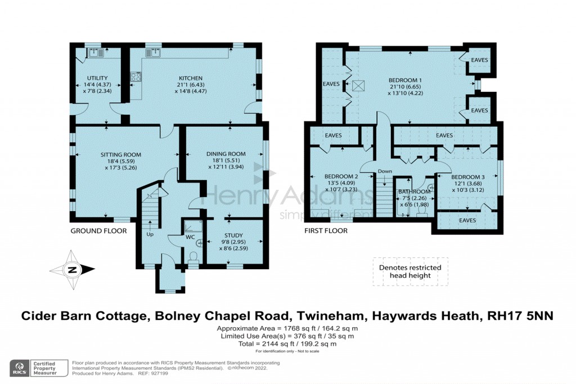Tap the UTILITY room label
[x=97, y=78]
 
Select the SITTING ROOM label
[x=121, y=155]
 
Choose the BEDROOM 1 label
[x=405, y=79]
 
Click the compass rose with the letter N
[x=72, y=270]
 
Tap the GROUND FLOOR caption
[x=98, y=231]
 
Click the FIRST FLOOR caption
[x=326, y=231]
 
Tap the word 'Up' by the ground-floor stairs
[x=150, y=234]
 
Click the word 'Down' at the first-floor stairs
[x=385, y=171]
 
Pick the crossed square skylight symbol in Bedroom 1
[x=358, y=86]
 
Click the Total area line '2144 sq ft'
[x=287, y=343]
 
